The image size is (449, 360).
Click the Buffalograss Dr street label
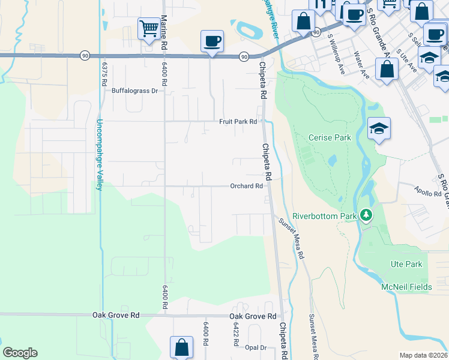click(134, 91)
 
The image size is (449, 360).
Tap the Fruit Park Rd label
click(238, 121)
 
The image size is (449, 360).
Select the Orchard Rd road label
click(246, 186)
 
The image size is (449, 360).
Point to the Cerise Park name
click(330, 137)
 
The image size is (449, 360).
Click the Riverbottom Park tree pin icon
click(366, 215)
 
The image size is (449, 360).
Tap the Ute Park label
click(406, 264)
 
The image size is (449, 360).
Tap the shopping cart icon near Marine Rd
click(148, 28)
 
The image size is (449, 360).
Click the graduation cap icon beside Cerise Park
click(379, 128)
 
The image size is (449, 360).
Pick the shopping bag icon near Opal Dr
click(181, 348)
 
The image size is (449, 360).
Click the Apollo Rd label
click(428, 194)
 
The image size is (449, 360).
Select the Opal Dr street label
click(255, 348)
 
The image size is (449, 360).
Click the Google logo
click(20, 353)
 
